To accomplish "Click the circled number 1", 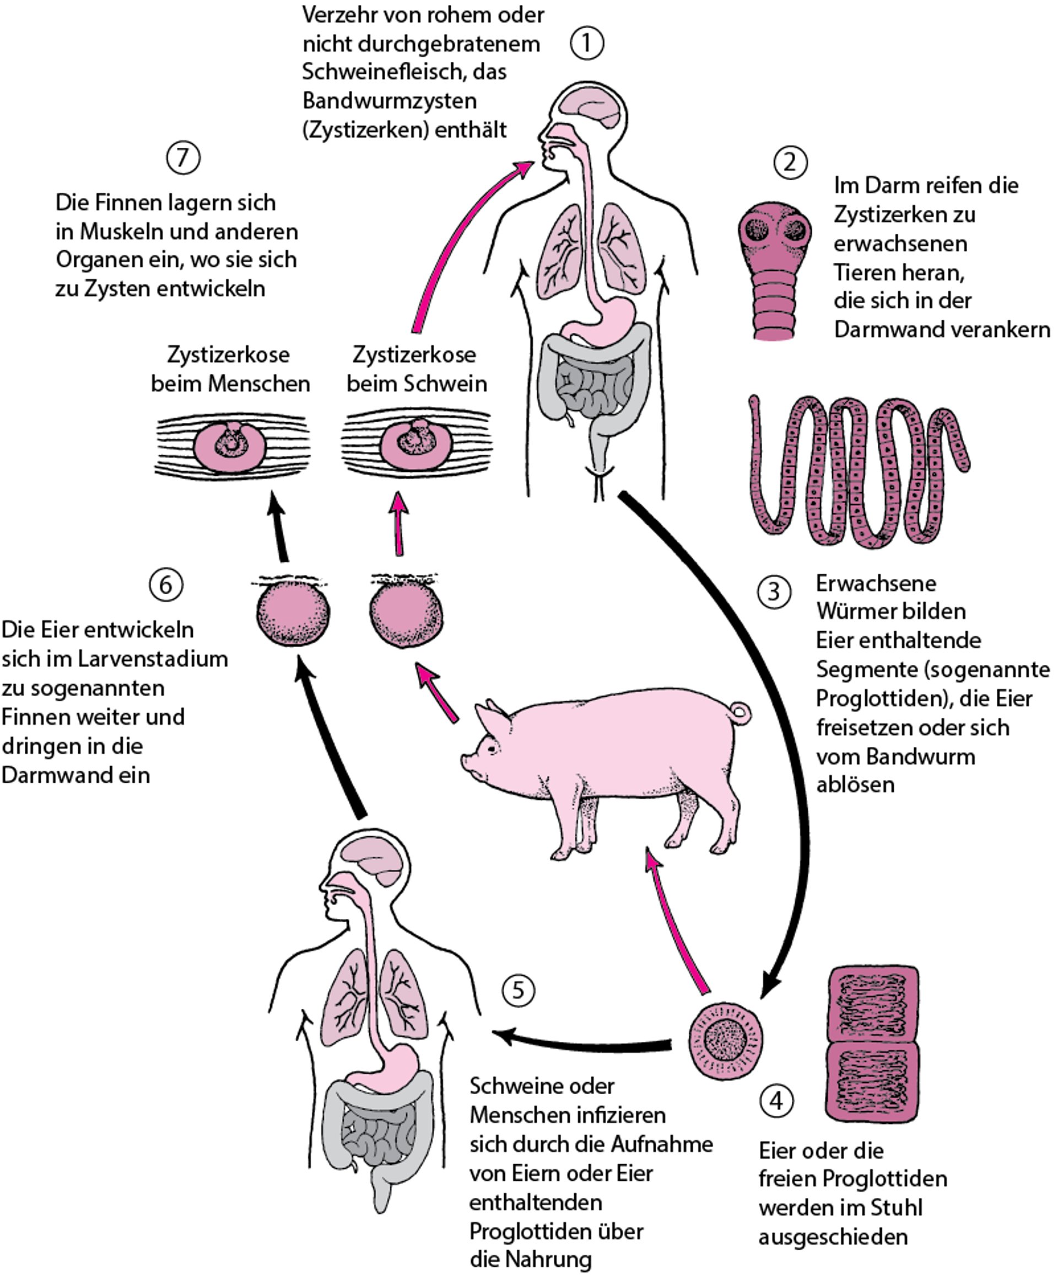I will [586, 44].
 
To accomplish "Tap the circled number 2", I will [790, 162].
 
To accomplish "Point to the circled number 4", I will [776, 1101].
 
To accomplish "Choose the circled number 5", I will [519, 990].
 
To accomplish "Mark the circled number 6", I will [166, 585].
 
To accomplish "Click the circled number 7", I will [183, 158].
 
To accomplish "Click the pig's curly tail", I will [740, 711].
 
